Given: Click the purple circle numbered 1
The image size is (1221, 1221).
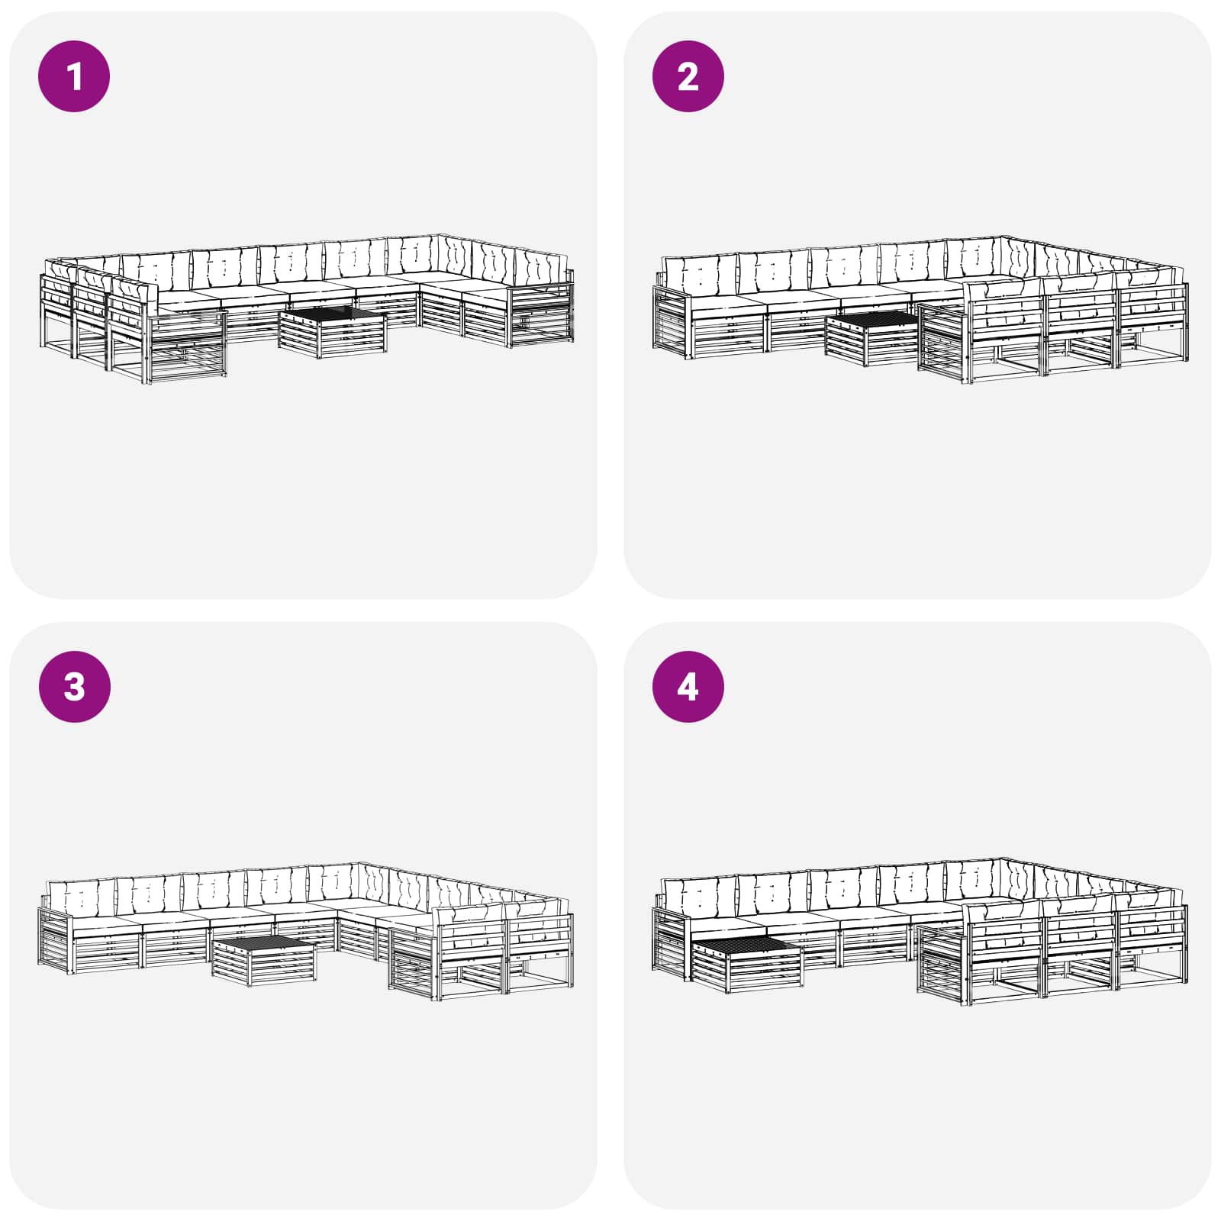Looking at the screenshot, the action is [74, 76].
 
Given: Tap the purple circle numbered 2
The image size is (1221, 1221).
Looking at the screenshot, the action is [688, 76].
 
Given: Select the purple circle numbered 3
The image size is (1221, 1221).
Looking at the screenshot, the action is [74, 686].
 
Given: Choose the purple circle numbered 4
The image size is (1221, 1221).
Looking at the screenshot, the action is [688, 686].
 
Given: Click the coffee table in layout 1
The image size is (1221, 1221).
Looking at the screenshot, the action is [333, 333].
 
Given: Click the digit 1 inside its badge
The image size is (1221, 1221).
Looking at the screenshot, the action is [74, 76].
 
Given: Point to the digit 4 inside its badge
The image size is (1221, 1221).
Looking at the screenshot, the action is [688, 686].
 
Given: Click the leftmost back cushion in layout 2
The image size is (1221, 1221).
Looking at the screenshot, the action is [698, 274].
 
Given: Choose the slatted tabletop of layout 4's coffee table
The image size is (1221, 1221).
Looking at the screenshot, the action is [747, 947].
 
